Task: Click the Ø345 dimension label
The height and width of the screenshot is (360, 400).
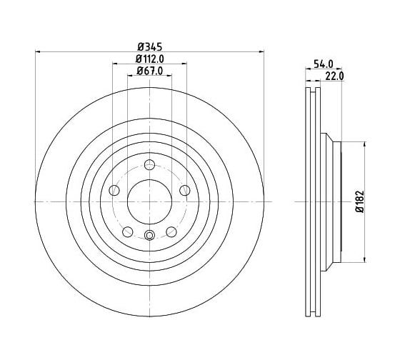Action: tap(150, 47)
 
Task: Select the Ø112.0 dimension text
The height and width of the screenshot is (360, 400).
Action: tap(150, 59)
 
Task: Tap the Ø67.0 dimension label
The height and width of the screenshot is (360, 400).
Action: tap(150, 71)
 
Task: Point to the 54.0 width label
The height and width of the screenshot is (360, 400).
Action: tap(323, 64)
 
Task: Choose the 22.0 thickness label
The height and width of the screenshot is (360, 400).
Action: tap(334, 76)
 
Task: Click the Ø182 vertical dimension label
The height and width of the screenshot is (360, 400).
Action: tap(360, 201)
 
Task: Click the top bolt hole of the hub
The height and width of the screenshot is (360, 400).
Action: tap(149, 164)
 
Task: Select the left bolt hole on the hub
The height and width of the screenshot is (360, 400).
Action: tap(114, 190)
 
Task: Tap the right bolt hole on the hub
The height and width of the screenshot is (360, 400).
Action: tap(185, 190)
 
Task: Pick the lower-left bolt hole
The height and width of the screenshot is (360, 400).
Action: tap(128, 231)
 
